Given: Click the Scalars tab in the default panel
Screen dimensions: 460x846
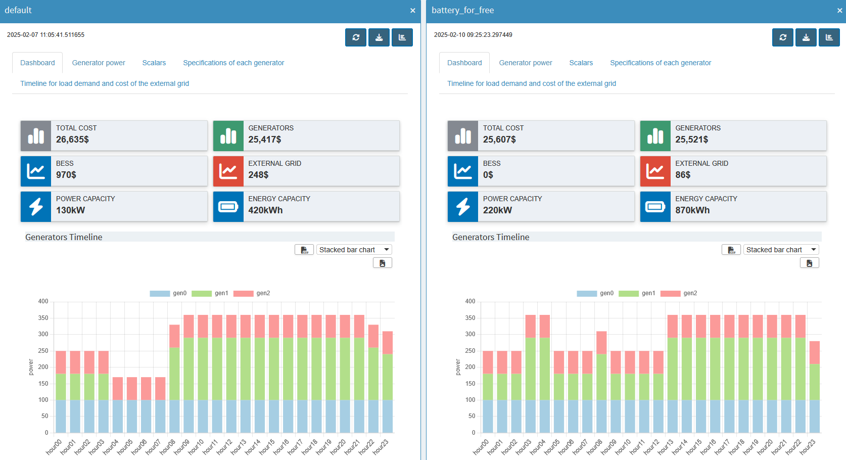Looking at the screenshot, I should click(x=154, y=63).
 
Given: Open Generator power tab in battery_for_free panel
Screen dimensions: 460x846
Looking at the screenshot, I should click(x=525, y=63).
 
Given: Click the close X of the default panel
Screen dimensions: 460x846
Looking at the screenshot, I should click(x=412, y=11).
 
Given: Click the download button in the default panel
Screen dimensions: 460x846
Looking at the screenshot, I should click(x=379, y=37).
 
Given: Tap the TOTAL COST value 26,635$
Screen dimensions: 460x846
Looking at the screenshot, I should click(x=72, y=140).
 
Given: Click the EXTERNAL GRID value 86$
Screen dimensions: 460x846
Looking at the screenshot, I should click(x=682, y=175).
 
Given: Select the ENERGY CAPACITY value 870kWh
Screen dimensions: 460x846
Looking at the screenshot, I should click(x=692, y=210).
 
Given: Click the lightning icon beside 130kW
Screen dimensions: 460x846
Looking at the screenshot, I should click(x=36, y=206).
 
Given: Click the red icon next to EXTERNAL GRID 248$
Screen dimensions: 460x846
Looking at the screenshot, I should click(x=228, y=171).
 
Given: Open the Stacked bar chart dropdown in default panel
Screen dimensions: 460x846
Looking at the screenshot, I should click(x=354, y=250).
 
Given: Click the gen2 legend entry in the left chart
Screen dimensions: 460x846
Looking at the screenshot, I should click(x=252, y=293).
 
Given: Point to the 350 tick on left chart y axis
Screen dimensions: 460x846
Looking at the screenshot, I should click(x=43, y=318).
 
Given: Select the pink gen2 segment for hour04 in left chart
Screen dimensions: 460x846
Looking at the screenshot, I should click(x=118, y=388).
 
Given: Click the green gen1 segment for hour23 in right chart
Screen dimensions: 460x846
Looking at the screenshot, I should click(x=814, y=382).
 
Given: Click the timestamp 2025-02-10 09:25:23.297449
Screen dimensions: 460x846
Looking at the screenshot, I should click(x=473, y=35).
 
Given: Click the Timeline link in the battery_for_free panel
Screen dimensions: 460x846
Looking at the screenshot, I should click(x=531, y=83).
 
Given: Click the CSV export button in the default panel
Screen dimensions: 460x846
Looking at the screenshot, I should click(x=304, y=250).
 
